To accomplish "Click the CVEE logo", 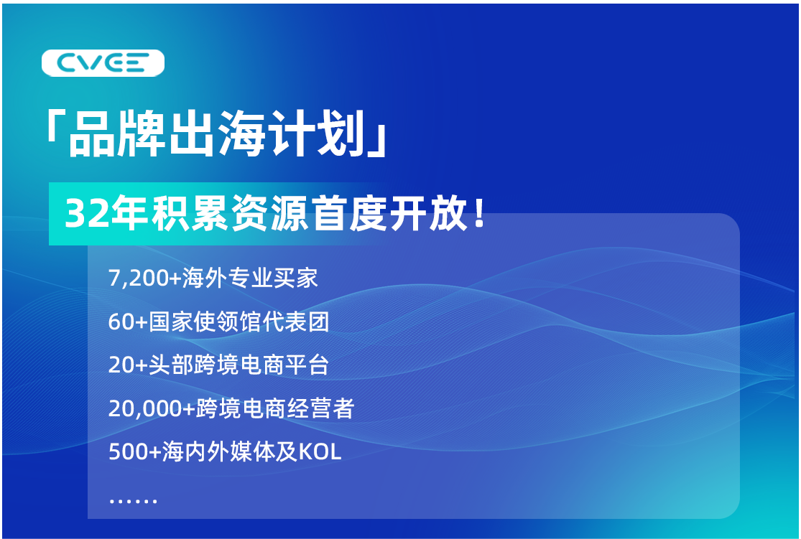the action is [103, 63].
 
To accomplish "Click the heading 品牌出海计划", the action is [217, 133].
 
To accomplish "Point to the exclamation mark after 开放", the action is [478, 213].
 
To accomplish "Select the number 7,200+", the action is [144, 278].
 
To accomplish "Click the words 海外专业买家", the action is [250, 278].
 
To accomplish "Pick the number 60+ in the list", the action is [128, 322].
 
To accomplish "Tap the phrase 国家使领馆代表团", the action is [239, 322].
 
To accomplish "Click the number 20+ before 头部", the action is [128, 365].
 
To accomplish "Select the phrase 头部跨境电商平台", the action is [239, 365].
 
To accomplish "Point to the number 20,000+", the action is [152, 409].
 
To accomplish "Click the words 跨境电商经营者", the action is [275, 408].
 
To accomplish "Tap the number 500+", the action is [135, 452].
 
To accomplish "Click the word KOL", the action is [320, 452].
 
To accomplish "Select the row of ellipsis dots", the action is [133, 501].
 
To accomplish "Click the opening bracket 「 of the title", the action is [55, 126].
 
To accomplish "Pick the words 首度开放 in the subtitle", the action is [390, 214].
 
